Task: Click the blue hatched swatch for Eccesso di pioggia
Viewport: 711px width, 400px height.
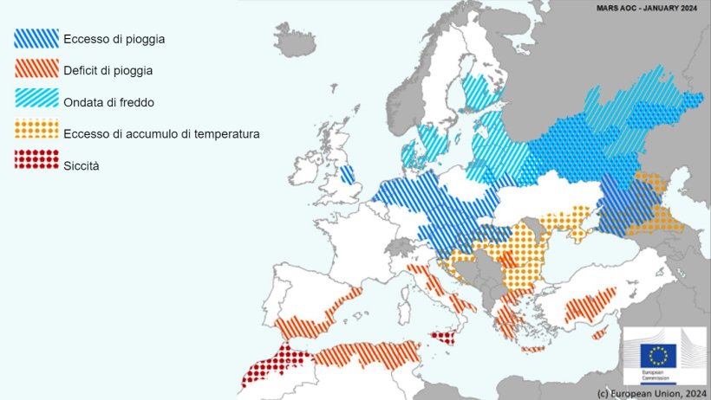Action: (x=36, y=38)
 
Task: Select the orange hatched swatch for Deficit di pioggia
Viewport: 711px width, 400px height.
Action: (x=36, y=69)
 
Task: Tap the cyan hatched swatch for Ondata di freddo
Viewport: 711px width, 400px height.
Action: (x=36, y=101)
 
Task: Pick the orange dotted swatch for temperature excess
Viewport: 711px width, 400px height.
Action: (x=36, y=132)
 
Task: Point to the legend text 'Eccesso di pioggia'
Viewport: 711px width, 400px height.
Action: (x=114, y=39)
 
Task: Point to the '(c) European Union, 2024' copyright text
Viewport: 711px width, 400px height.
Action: (x=650, y=393)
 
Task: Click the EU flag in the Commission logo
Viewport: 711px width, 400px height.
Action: (x=658, y=355)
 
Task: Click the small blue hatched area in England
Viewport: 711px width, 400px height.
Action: (x=347, y=175)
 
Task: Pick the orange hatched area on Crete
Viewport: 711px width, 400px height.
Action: (x=533, y=349)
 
